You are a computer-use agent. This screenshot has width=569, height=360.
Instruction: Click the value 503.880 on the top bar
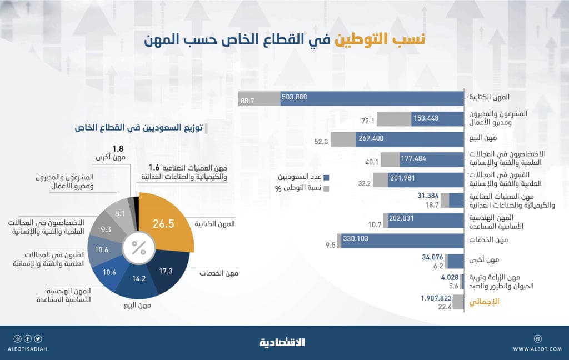[295, 97]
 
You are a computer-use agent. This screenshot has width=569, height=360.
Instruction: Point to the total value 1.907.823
[436, 298]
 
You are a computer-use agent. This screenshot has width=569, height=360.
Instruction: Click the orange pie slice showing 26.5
[164, 222]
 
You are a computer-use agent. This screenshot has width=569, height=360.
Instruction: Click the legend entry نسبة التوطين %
[303, 188]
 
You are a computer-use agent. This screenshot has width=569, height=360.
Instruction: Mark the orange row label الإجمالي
[484, 302]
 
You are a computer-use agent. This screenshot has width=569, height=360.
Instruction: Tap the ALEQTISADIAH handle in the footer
[28, 349]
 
